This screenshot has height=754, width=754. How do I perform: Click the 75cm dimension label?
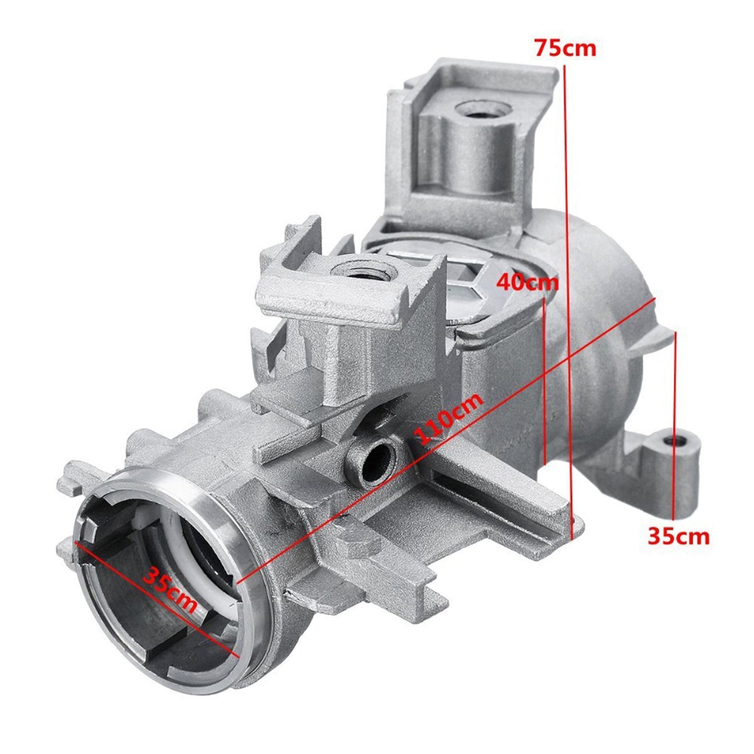pyautogui.click(x=565, y=48)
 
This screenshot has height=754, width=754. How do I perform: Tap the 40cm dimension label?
pyautogui.click(x=528, y=283)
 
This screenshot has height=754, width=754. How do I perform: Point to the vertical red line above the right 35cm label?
pyautogui.click(x=676, y=424)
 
